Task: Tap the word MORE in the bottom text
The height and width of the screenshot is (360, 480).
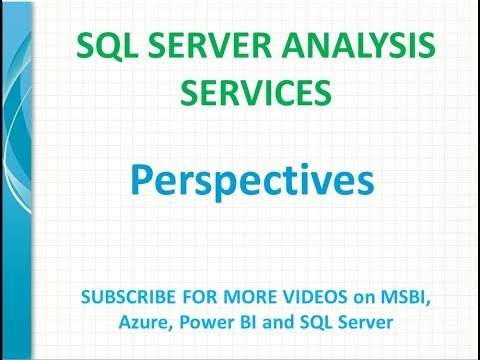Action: pyautogui.click(x=238, y=297)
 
